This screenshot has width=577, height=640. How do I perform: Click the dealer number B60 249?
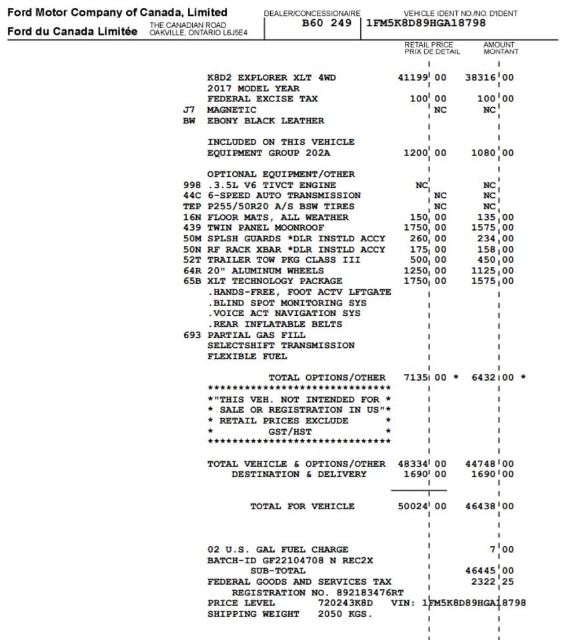[326, 23]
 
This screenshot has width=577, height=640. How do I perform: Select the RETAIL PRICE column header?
[428, 48]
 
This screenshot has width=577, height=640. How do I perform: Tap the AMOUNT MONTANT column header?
[500, 48]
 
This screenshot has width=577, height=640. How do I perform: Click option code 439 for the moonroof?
[191, 228]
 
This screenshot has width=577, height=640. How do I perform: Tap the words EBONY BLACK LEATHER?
[265, 121]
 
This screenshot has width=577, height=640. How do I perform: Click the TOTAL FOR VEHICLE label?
[302, 507]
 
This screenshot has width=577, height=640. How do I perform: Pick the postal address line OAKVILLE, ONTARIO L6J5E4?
[197, 32]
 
